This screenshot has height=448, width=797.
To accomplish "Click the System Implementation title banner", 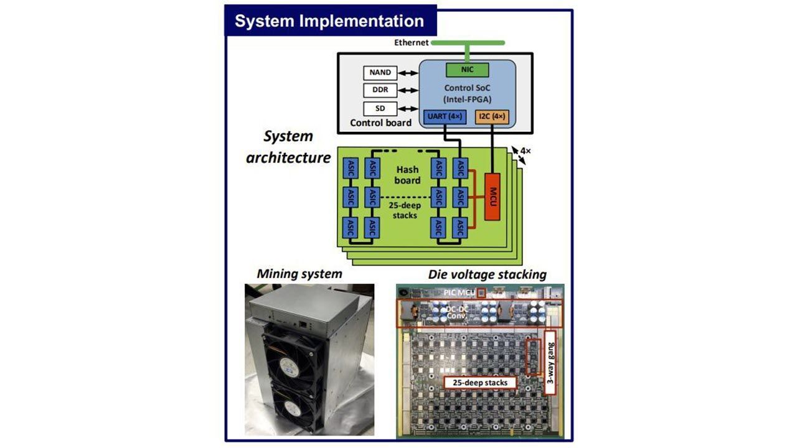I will (x=329, y=21).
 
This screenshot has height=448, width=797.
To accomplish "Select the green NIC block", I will (x=467, y=69).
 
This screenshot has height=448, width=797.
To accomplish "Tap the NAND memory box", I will (x=380, y=73).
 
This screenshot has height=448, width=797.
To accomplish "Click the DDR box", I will (x=380, y=90).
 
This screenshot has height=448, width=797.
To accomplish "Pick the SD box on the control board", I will (x=380, y=108).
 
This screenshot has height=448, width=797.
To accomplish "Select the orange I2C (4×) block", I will (x=491, y=116).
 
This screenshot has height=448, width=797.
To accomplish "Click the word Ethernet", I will (x=411, y=42).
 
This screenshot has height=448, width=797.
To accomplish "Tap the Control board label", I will (x=380, y=123).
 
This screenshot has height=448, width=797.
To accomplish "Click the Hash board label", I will (x=407, y=175).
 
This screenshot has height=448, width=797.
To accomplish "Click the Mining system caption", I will (x=299, y=273).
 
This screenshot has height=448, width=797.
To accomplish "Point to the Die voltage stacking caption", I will (x=487, y=274).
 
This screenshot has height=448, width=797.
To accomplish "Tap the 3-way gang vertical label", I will (x=550, y=362).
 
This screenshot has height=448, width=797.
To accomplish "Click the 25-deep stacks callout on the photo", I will (x=480, y=382).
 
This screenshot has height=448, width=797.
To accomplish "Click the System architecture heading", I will (x=288, y=147).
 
